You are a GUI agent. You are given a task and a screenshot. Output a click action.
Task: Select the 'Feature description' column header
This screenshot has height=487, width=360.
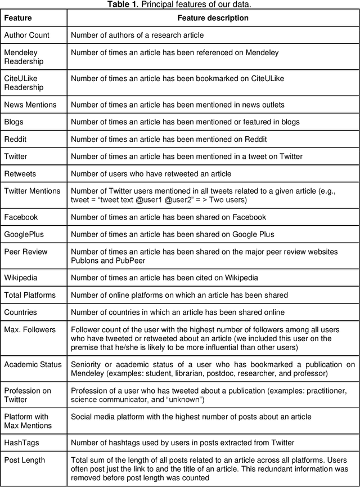click(213, 18)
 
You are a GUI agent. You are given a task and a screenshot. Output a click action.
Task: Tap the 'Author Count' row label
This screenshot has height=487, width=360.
click(26, 35)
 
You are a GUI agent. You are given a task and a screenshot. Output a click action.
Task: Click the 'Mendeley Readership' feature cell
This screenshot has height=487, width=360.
click(24, 57)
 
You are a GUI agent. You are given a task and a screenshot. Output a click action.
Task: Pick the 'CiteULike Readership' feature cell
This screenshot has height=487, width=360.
click(24, 83)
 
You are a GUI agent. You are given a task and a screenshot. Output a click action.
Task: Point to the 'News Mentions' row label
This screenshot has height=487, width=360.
click(30, 104)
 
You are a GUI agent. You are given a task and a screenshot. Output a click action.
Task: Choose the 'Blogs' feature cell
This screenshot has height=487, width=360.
click(14, 122)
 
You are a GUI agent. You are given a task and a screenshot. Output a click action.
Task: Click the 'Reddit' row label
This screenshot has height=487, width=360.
click(16, 139)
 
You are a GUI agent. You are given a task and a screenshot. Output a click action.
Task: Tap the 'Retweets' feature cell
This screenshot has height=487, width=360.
click(20, 173)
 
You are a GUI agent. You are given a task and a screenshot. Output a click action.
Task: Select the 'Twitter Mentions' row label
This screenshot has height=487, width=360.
click(32, 191)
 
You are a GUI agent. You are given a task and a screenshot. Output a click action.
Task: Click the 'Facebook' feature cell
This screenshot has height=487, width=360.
click(21, 217)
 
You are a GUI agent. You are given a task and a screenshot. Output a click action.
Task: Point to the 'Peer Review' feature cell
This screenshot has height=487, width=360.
click(26, 252)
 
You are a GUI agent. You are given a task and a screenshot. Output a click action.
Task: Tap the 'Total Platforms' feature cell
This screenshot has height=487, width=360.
click(30, 295)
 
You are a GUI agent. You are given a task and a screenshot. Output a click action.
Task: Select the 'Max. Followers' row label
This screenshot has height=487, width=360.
click(30, 329)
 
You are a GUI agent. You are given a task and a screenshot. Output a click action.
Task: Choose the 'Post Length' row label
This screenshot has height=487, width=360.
click(25, 460)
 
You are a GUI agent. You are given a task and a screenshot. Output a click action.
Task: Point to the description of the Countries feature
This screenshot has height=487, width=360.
click(177, 312)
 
